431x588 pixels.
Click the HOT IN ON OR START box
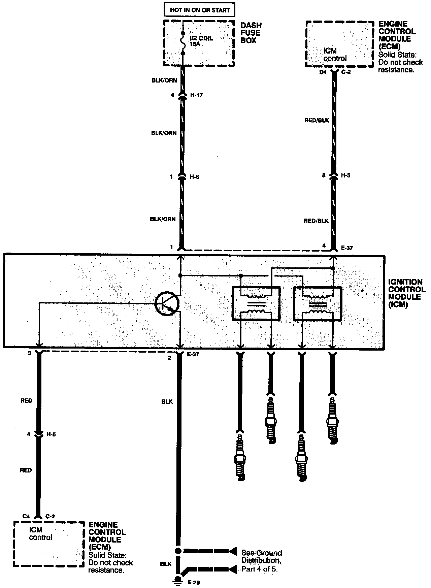[199, 10]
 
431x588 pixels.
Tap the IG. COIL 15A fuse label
[201, 41]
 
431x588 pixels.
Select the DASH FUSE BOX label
[251, 33]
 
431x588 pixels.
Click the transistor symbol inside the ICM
[167, 303]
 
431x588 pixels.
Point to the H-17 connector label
[196, 95]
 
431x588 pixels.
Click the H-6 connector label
[194, 177]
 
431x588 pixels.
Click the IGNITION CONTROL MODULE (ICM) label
[406, 293]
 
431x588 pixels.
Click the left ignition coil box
[256, 303]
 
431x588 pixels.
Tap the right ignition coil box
[318, 303]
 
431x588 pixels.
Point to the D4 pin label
[324, 72]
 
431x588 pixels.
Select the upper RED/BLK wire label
[316, 120]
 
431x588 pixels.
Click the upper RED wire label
[26, 400]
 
